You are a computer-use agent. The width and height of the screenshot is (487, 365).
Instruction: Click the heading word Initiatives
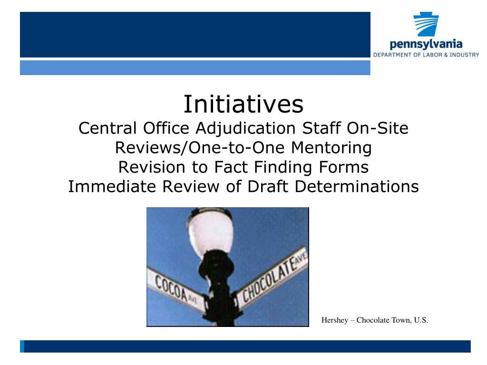click(x=243, y=105)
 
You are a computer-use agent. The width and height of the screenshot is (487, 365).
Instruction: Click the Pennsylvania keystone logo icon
click(x=426, y=26)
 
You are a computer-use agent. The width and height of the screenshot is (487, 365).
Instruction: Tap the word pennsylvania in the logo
click(x=426, y=45)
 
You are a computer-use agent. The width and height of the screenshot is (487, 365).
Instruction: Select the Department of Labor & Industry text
click(x=426, y=55)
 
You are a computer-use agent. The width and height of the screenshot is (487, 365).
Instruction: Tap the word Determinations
click(x=357, y=187)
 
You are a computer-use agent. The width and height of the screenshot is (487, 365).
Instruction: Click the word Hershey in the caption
click(x=336, y=320)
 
